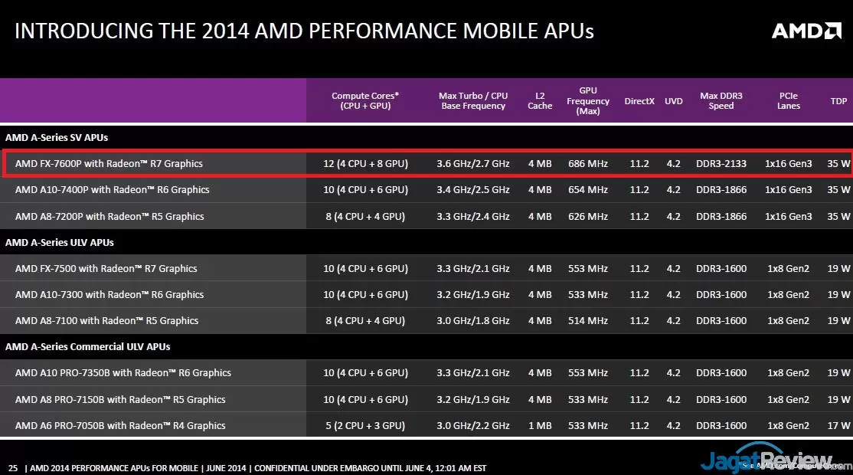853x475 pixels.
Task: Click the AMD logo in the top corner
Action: coord(806,31)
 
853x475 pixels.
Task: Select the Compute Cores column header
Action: coord(365,101)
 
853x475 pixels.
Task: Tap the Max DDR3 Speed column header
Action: coord(721,101)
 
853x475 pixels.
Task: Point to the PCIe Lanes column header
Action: coord(788,101)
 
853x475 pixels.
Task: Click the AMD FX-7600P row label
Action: coord(109,163)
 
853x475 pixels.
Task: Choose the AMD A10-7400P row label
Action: coord(112,189)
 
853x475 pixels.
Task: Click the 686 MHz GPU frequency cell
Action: coord(587,163)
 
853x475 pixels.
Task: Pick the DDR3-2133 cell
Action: coord(721,163)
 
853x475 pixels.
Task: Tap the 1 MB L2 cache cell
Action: coord(539,425)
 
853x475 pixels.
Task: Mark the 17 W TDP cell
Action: coord(838,425)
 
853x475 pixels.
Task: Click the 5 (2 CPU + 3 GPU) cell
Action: coord(365,425)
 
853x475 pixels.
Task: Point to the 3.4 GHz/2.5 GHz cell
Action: coord(472,189)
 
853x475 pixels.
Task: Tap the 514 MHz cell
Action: coord(587,320)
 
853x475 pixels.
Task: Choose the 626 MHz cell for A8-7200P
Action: coord(587,216)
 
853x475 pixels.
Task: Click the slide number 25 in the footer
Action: coord(12,467)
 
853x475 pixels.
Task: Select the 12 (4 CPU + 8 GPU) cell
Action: coord(365,163)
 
